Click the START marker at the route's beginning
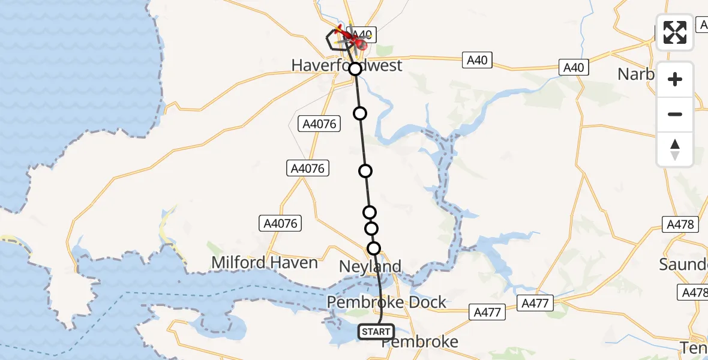[x=376, y=332]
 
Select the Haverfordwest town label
[x=347, y=65]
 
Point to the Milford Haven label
[x=265, y=263]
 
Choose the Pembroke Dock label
[x=386, y=302]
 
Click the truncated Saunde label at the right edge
[x=683, y=264]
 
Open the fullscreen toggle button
[x=675, y=32]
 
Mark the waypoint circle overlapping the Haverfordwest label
[x=355, y=69]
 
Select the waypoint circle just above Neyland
[x=374, y=248]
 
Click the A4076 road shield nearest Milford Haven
[x=280, y=224]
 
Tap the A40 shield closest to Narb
[x=573, y=68]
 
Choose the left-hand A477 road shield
[x=487, y=312]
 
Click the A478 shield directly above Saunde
[x=680, y=225]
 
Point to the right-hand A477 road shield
[x=535, y=304]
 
